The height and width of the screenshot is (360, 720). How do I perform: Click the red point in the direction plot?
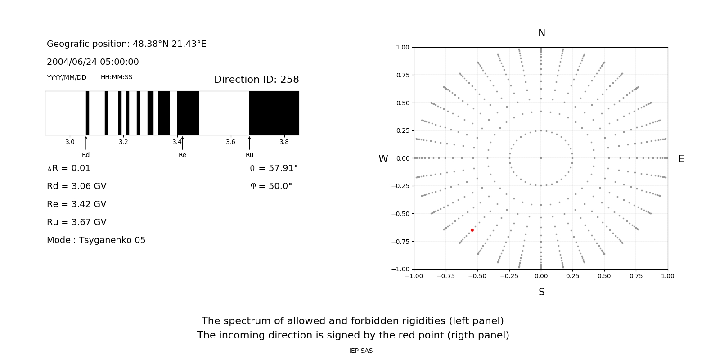click(472, 230)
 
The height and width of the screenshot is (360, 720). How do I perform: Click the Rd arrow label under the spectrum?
click(85, 155)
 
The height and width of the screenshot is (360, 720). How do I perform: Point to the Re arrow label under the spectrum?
click(182, 155)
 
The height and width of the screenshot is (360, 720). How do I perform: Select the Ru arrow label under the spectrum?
click(249, 155)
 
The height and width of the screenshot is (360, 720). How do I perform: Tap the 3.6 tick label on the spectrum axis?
click(230, 142)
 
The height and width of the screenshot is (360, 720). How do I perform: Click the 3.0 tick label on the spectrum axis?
click(70, 142)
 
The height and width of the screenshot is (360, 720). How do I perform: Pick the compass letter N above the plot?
click(541, 33)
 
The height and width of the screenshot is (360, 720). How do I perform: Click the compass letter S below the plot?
click(541, 292)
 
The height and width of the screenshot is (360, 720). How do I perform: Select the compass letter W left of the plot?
click(383, 159)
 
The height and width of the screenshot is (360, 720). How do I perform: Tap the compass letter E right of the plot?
click(681, 159)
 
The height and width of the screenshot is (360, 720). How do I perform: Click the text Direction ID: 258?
click(256, 80)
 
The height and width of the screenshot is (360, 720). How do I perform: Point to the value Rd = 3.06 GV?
click(76, 186)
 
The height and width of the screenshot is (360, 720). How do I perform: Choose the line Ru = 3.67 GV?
click(76, 222)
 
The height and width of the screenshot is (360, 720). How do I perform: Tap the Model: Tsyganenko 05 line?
click(96, 240)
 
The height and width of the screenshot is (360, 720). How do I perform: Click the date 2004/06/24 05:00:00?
click(93, 62)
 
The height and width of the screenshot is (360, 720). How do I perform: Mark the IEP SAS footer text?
click(360, 351)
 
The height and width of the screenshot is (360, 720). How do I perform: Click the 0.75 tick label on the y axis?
click(402, 75)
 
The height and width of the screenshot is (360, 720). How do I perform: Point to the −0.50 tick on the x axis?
click(477, 276)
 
